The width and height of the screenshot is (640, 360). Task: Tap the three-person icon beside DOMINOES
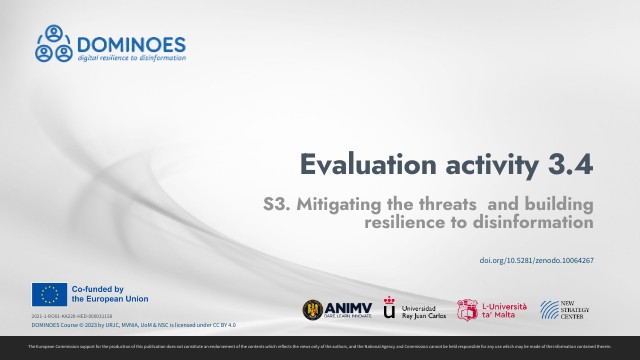[55, 43]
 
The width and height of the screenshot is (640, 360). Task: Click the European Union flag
[49, 294]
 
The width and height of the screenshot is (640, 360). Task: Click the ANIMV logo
[334, 310]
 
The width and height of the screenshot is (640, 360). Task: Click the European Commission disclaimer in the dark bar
[320, 346]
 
